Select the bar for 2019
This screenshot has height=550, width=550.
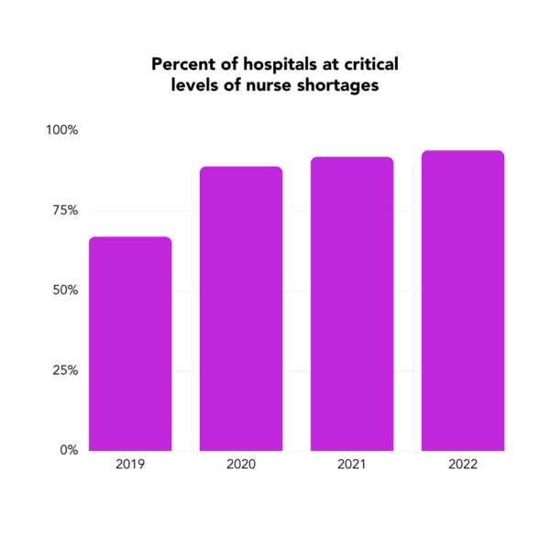tap(130, 344)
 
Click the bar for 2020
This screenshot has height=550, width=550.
tap(241, 309)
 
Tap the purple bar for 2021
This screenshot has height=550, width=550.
tap(352, 303)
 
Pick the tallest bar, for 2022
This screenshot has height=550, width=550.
tap(463, 301)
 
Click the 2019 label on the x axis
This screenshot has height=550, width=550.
tap(130, 465)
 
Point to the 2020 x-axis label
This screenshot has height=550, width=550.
tap(241, 465)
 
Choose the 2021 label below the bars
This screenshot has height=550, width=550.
tap(352, 465)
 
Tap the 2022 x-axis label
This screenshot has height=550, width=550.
tap(463, 465)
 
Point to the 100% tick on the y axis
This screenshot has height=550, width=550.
tap(62, 130)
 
